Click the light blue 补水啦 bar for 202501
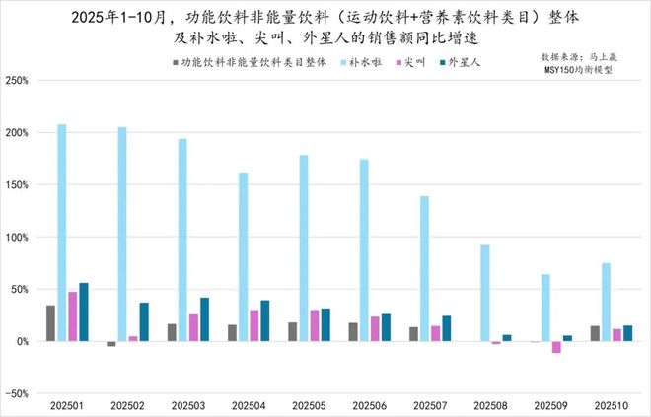(x=62, y=233)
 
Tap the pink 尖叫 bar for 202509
(x=556, y=347)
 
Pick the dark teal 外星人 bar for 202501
(x=84, y=312)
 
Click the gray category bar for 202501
(x=50, y=323)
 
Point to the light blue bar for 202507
(x=424, y=268)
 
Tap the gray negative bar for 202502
(x=111, y=344)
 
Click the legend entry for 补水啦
(x=362, y=62)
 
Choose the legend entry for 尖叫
(x=413, y=62)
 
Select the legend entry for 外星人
(x=463, y=62)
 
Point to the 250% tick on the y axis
(x=17, y=80)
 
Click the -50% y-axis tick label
(x=17, y=393)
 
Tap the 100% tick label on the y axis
(x=17, y=237)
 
